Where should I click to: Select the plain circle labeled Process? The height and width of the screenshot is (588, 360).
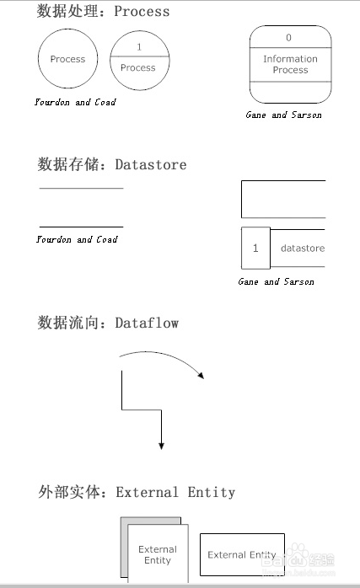(x=67, y=60)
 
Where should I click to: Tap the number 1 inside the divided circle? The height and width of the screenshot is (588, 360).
(x=138, y=47)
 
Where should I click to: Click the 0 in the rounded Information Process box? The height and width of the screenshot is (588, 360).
(x=289, y=38)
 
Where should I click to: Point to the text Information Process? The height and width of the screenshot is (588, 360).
(x=290, y=64)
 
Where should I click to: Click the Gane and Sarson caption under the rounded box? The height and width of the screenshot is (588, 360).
(x=283, y=115)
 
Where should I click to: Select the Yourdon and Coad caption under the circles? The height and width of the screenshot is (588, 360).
(x=75, y=102)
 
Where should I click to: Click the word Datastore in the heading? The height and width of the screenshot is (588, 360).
(x=151, y=164)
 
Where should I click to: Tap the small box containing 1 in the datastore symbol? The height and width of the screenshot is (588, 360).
(x=255, y=249)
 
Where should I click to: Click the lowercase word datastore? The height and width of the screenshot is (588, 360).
(x=302, y=249)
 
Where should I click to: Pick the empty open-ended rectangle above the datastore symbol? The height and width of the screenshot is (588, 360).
(x=283, y=199)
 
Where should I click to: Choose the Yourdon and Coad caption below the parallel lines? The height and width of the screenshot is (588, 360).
(x=77, y=239)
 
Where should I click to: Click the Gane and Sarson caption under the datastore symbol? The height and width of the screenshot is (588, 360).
(x=276, y=281)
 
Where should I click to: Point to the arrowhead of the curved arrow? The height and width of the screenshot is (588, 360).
(x=201, y=375)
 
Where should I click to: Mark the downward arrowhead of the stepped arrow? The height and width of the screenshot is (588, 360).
(x=160, y=445)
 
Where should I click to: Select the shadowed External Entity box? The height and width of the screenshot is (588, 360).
(x=157, y=554)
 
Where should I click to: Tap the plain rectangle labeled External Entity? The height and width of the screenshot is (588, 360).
(x=242, y=554)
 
